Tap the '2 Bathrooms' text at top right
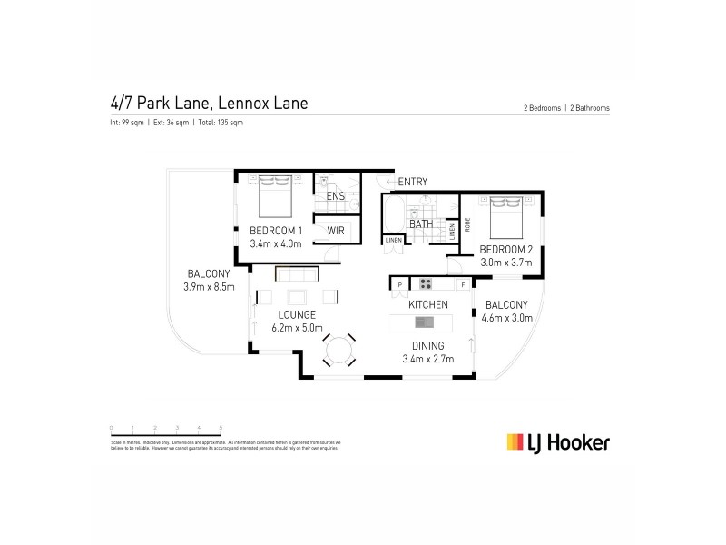[x=589, y=108]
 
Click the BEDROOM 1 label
[x=276, y=231]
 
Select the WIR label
[x=334, y=231]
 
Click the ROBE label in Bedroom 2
[x=467, y=223]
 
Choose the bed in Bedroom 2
[x=502, y=213]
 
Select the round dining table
[x=340, y=350]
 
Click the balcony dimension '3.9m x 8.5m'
[x=209, y=288]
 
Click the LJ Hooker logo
[x=557, y=442]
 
